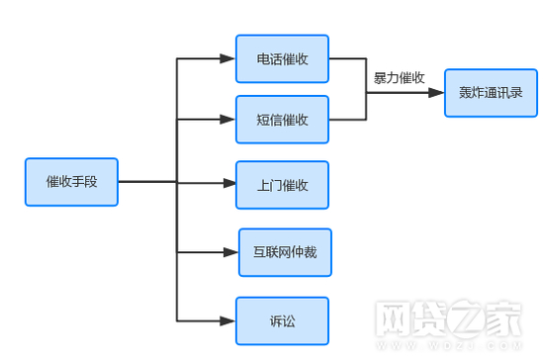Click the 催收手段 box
(x=71, y=182)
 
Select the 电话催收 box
(x=282, y=59)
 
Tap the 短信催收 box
(x=282, y=120)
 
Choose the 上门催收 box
(x=282, y=185)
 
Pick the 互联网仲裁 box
(x=285, y=252)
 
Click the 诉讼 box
(x=282, y=320)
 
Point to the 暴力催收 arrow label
(x=400, y=76)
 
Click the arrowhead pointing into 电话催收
(x=228, y=59)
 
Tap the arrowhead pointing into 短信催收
(x=228, y=120)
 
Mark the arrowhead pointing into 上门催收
(x=228, y=183)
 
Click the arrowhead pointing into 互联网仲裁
(x=231, y=250)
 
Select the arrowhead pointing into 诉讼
(x=228, y=320)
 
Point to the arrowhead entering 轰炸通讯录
(x=437, y=93)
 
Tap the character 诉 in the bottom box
(x=275, y=320)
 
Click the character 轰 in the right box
(x=465, y=93)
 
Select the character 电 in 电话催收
(x=262, y=59)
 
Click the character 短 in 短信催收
(x=262, y=120)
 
